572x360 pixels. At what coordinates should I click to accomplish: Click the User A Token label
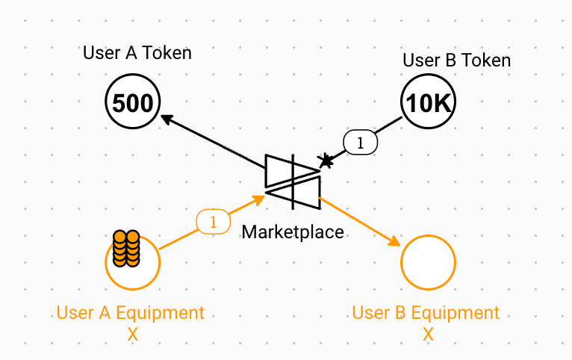(x=137, y=53)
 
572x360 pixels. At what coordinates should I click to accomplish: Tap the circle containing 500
(x=133, y=103)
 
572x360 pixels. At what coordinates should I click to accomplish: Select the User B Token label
(x=456, y=60)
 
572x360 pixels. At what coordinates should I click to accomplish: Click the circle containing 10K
(x=429, y=104)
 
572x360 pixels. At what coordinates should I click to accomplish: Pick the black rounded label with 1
(x=361, y=142)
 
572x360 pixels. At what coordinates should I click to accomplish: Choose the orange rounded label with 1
(x=214, y=222)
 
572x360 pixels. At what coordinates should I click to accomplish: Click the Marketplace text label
(x=293, y=232)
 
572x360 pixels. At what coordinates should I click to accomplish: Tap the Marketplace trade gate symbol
(x=293, y=181)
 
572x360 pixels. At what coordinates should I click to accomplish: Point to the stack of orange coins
(x=125, y=249)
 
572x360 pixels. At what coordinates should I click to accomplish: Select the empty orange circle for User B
(x=429, y=262)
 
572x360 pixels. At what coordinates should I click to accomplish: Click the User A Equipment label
(x=131, y=313)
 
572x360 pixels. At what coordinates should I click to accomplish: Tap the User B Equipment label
(x=426, y=313)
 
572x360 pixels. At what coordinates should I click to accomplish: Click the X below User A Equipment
(x=133, y=335)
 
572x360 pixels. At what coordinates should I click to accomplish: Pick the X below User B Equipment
(x=428, y=335)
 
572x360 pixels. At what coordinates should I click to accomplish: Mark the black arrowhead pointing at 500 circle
(x=167, y=118)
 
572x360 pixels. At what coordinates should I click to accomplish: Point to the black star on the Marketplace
(x=326, y=160)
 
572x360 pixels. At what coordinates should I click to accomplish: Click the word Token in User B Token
(x=485, y=60)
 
